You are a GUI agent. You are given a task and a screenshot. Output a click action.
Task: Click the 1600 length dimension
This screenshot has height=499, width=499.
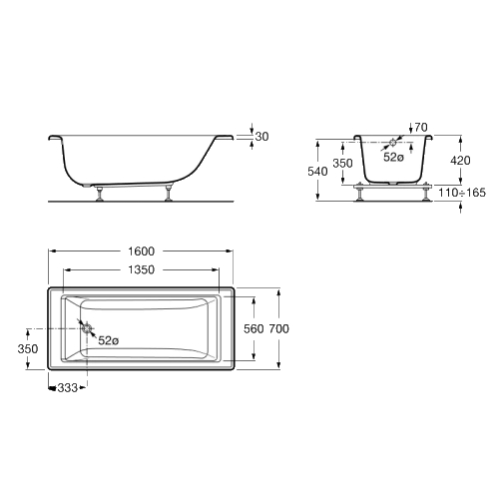click(142, 251)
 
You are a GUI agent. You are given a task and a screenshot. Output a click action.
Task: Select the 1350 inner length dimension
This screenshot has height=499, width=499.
click(142, 269)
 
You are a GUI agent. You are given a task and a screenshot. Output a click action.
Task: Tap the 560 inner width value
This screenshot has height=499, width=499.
click(253, 329)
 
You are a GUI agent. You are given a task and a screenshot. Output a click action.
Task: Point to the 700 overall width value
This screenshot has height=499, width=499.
click(279, 329)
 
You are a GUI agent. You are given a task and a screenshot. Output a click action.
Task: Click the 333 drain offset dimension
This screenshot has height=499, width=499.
click(68, 388)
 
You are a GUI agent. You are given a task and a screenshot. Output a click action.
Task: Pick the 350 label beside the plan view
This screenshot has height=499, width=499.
click(28, 349)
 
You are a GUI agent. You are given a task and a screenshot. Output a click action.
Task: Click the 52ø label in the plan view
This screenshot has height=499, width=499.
click(109, 340)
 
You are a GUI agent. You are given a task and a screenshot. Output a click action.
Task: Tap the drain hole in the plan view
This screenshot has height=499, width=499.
click(87, 328)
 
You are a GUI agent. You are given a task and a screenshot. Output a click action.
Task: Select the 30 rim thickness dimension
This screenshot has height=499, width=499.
click(261, 137)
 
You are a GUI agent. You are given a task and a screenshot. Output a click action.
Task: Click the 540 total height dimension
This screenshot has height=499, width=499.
click(317, 172)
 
